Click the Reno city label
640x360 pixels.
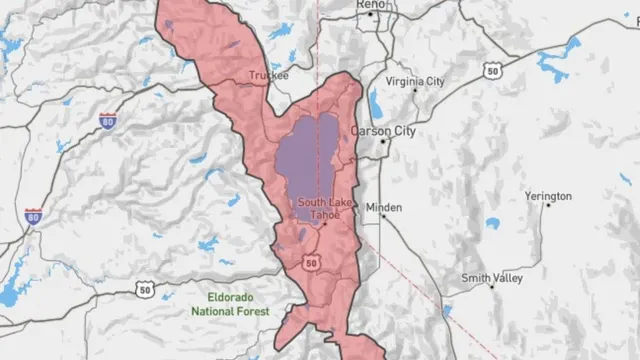(371, 6)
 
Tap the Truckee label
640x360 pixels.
(267, 75)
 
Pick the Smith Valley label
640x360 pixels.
(492, 277)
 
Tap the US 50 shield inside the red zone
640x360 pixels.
(312, 262)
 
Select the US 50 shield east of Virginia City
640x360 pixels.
(491, 71)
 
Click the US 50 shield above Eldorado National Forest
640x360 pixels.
(140, 289)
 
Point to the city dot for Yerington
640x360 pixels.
(547, 206)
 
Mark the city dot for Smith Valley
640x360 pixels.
(492, 287)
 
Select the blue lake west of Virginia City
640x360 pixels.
(375, 103)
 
